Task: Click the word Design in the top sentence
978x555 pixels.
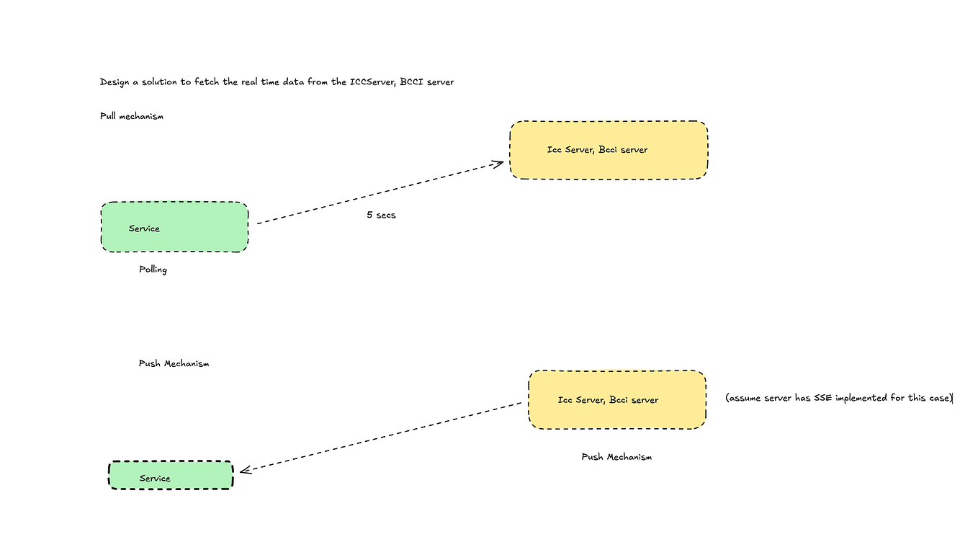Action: click(115, 82)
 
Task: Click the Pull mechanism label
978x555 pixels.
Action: click(131, 116)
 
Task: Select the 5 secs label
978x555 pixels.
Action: click(381, 215)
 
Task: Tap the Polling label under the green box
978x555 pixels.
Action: click(153, 270)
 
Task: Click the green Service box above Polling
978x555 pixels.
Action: click(174, 227)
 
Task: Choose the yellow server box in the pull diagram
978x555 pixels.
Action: click(609, 150)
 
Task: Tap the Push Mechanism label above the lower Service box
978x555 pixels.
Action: click(174, 364)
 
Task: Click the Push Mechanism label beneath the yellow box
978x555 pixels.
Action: click(616, 457)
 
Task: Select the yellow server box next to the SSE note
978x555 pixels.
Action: click(617, 400)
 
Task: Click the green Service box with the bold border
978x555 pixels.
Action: click(171, 476)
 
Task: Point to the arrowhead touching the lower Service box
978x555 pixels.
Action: click(244, 470)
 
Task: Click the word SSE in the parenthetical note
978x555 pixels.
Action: click(822, 399)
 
